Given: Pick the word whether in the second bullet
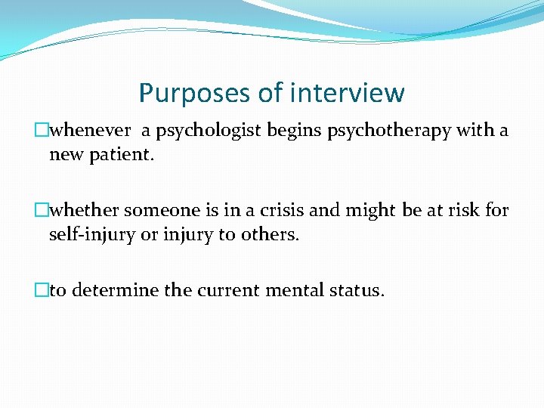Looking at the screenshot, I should pyautogui.click(x=85, y=211).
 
